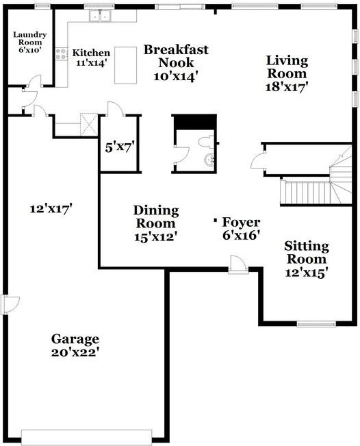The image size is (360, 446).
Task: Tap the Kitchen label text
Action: click(x=91, y=53)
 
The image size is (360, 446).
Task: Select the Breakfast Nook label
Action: click(x=176, y=57)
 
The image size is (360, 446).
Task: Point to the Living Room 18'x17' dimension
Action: click(x=287, y=87)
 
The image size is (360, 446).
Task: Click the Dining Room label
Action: click(x=156, y=210)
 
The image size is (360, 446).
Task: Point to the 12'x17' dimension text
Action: click(x=51, y=207)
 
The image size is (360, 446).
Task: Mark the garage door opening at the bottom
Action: click(x=87, y=436)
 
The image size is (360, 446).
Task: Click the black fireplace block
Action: click(x=194, y=121)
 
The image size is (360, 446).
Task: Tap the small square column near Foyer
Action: click(x=217, y=220)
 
